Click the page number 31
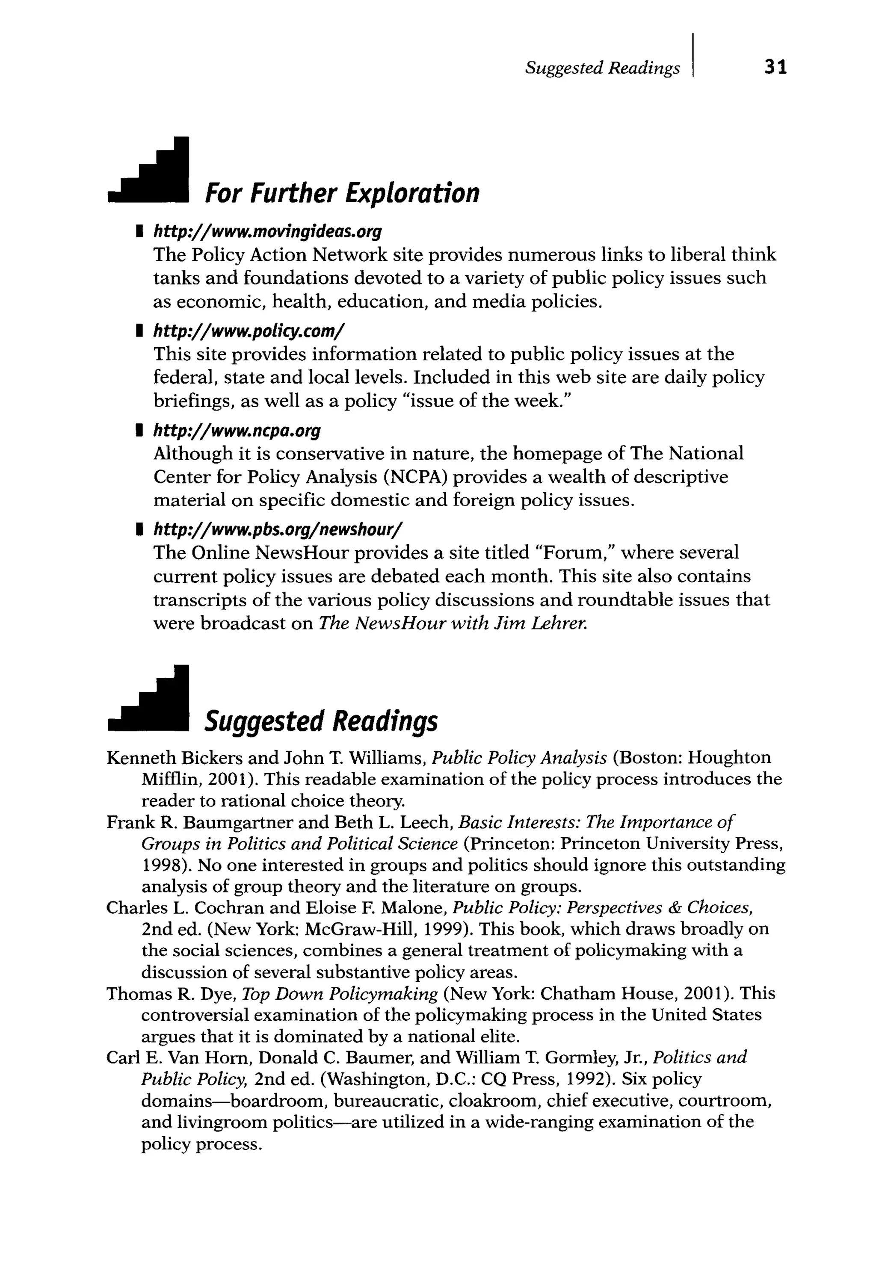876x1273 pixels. click(775, 67)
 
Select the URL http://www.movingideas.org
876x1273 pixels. click(267, 232)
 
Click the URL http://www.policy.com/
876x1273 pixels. click(249, 331)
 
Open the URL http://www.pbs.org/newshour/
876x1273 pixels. click(278, 530)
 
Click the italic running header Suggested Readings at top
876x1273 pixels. click(602, 68)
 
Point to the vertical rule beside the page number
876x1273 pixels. click(693, 56)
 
